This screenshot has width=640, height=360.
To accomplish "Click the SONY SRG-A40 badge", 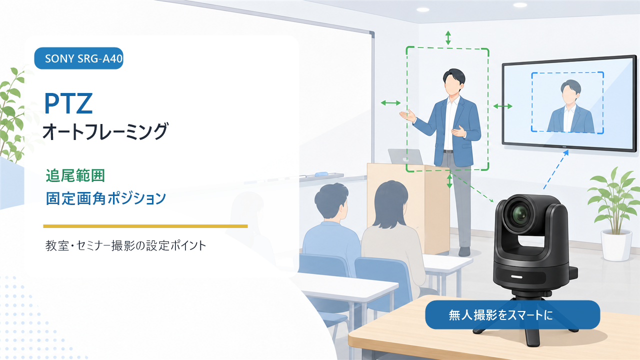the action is [78, 58].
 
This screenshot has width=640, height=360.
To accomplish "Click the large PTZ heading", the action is [68, 103].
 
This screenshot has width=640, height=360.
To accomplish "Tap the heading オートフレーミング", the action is [105, 131].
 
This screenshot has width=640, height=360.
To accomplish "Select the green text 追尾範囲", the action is [75, 175].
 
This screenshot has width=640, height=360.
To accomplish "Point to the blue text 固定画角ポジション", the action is [105, 198].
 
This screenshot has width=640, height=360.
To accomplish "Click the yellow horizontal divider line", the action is [145, 226].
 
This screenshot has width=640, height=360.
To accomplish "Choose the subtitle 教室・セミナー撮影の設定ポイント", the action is [125, 245].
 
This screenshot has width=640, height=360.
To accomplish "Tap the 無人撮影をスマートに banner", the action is [512, 314].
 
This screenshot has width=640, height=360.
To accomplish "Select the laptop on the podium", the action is [405, 156].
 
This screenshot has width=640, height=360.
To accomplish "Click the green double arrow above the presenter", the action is [448, 37].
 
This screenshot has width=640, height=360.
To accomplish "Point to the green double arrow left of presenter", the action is [390, 103].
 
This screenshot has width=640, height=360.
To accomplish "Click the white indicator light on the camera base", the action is [516, 277].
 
